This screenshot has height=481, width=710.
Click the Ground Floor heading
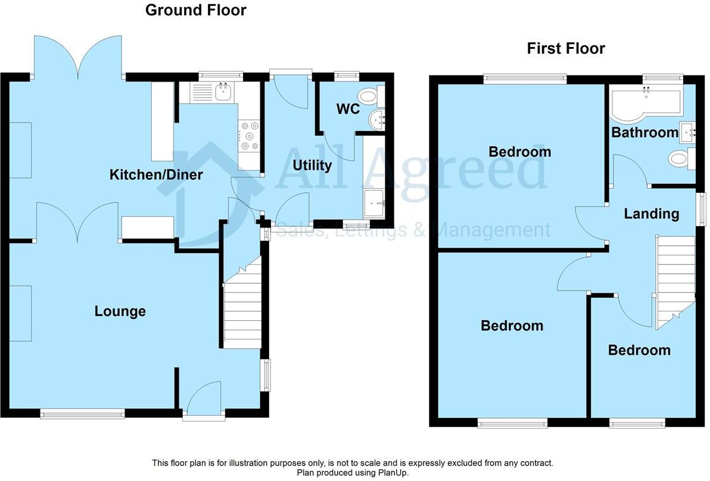[x=195, y=10]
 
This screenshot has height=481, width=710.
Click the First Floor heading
[x=565, y=48]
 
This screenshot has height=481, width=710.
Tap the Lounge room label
[x=120, y=311]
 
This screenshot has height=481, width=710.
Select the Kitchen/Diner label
[x=156, y=174]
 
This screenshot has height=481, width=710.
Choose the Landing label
[x=651, y=214]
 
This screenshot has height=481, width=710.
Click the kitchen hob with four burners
[x=248, y=136]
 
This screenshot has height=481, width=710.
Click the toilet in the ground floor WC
[x=370, y=95]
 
